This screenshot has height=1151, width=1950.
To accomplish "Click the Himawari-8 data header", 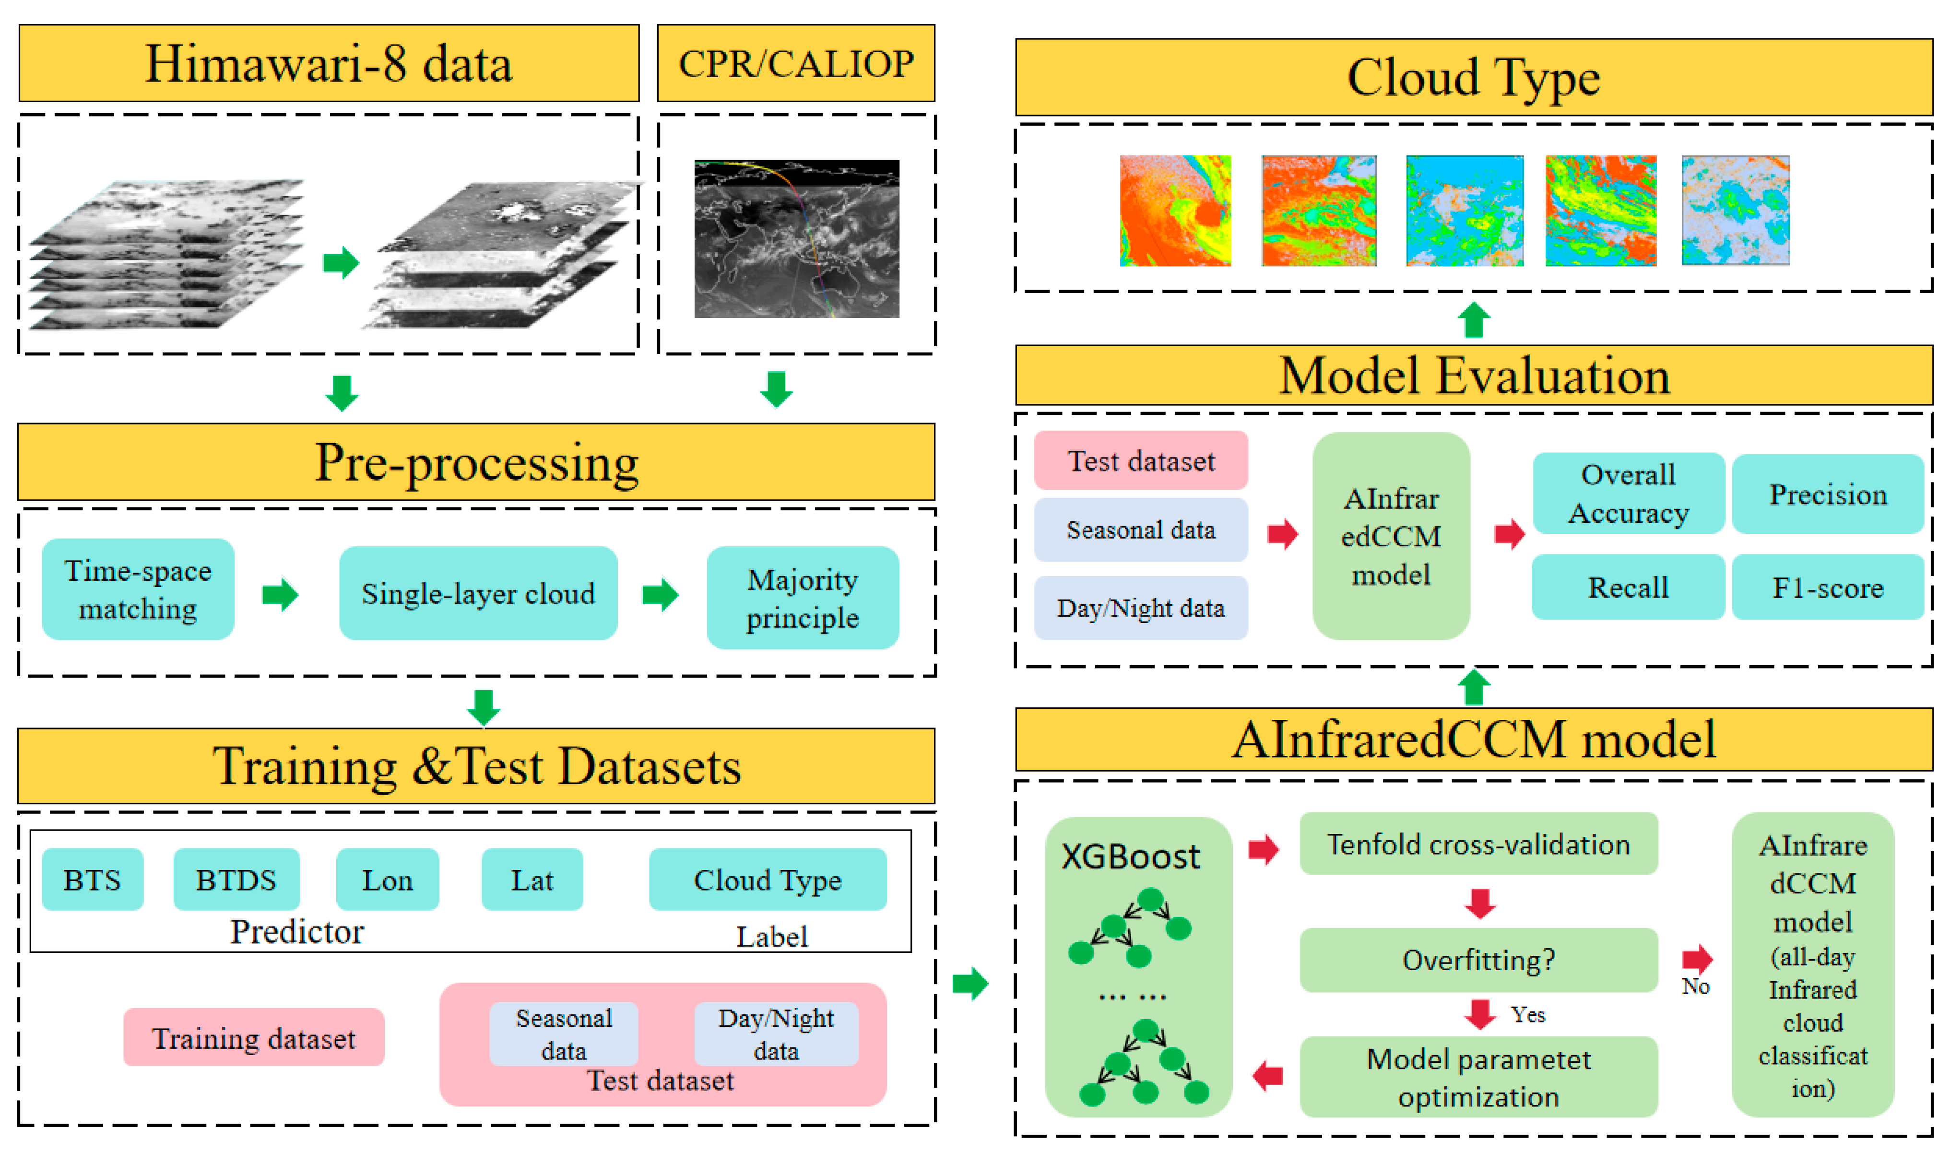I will tap(329, 64).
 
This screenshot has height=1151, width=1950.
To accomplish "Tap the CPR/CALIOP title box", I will tap(796, 64).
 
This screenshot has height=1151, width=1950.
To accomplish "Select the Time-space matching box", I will tap(138, 589).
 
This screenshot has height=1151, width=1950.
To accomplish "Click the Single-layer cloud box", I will tap(478, 593).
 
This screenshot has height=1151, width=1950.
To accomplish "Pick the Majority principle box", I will tap(803, 598).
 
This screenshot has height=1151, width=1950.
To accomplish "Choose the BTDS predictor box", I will tap(236, 880).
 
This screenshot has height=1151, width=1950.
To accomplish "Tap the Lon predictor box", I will tap(387, 880).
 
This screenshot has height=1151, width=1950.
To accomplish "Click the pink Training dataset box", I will tap(254, 1038).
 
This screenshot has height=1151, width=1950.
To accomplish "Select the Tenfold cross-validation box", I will tap(1478, 844).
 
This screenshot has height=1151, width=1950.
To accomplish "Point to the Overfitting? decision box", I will tap(1478, 960).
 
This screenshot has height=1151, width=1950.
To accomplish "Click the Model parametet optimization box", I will tap(1478, 1077).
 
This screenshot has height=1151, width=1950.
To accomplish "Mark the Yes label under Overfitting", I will tap(1527, 1014).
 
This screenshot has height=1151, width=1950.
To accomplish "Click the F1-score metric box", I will tap(1828, 588).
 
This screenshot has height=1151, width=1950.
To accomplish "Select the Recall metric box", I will tap(1628, 588).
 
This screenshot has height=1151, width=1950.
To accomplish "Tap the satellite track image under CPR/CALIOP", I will tap(797, 239).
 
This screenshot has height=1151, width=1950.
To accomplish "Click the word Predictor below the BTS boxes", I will tap(296, 931).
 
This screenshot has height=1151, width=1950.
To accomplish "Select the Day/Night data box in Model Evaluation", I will tap(1140, 608).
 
